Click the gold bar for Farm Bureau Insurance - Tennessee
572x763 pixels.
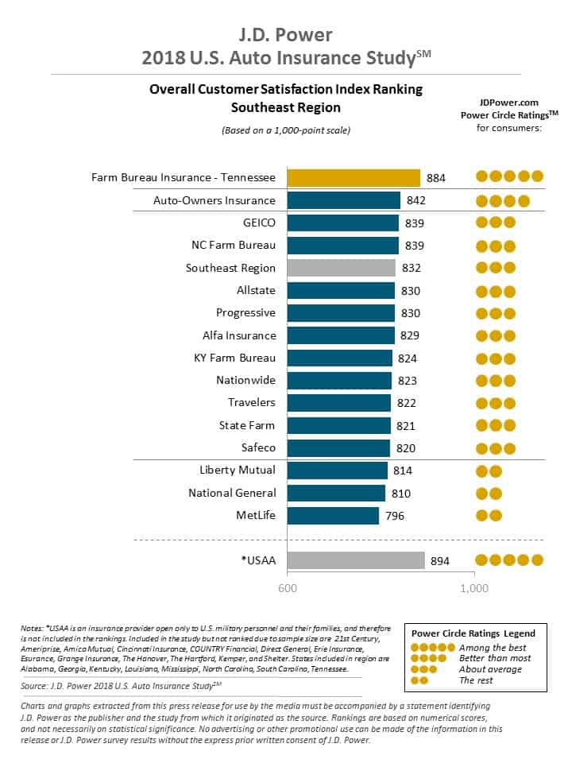[x=353, y=177]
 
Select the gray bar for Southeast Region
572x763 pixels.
[x=341, y=268]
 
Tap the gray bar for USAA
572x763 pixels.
[x=355, y=560]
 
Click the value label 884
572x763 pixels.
[x=436, y=178]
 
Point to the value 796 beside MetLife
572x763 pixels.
[x=395, y=516]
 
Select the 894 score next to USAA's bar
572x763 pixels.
[x=440, y=561]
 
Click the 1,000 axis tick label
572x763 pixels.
[x=474, y=589]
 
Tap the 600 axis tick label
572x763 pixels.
[x=287, y=589]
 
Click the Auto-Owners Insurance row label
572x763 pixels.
[x=214, y=200]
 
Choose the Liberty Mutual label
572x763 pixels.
[x=238, y=471]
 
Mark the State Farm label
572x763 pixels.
[x=247, y=425]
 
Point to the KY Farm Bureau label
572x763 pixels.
[x=234, y=358]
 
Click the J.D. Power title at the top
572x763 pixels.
[x=285, y=35]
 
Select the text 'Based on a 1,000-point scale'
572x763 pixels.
[x=285, y=130]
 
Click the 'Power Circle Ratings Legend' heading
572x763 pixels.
[x=473, y=633]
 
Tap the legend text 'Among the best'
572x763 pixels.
[x=493, y=647]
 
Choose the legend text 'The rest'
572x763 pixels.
[x=477, y=680]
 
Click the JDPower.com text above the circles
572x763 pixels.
[x=508, y=102]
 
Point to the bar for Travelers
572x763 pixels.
[x=338, y=403]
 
